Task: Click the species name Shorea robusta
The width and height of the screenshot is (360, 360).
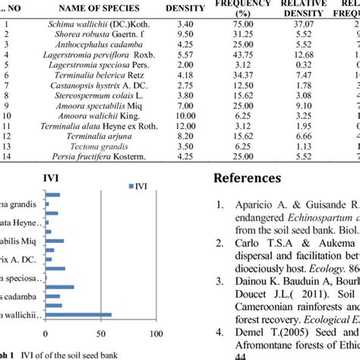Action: coord(88,35)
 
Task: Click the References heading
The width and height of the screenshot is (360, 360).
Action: coord(250,178)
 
